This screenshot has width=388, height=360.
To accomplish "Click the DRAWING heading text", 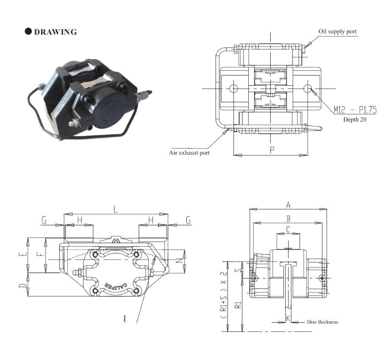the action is (x=55, y=32).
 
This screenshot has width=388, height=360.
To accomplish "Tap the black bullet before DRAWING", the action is (x=28, y=31).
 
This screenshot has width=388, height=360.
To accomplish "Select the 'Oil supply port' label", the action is (x=337, y=31).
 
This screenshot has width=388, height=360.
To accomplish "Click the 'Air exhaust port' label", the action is (x=189, y=153).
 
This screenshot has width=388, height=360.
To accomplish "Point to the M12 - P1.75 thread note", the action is (x=355, y=110).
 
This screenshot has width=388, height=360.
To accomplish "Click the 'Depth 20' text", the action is (x=355, y=119).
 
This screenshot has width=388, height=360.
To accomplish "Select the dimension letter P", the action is (x=272, y=150).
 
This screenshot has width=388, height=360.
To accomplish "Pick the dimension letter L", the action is (x=115, y=210).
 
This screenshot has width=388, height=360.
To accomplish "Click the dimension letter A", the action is (x=288, y=205).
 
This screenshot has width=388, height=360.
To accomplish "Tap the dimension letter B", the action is (x=288, y=219).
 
